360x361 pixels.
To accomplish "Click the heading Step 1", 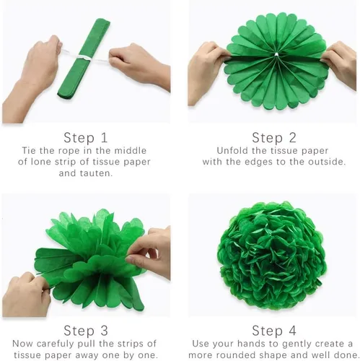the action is (85, 138).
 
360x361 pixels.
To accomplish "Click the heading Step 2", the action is (274, 138).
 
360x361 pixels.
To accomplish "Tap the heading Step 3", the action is (86, 331).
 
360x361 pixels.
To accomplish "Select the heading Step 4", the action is (274, 331).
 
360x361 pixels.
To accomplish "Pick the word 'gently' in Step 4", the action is (297, 344).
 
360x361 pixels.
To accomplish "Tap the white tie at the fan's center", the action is (276, 55).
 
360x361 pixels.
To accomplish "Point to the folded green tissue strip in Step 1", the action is (84, 58).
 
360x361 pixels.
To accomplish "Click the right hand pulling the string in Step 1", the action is (139, 65).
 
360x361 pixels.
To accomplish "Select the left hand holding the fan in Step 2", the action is (208, 72).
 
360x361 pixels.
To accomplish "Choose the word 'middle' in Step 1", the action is (131, 151).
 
